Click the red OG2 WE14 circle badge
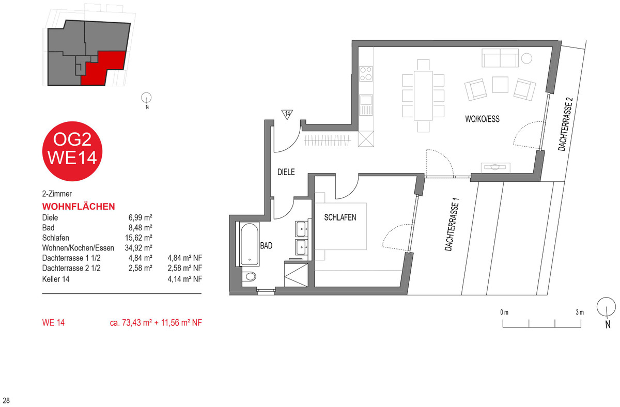coord(72,151)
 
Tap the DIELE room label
coord(286,172)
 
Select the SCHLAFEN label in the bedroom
coord(340,217)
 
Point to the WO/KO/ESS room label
coord(483,119)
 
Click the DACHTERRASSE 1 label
coord(452,224)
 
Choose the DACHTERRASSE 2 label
coord(565,124)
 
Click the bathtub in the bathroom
coord(250,244)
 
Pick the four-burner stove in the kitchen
coord(366,73)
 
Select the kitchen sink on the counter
coord(366,105)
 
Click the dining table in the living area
coord(423,96)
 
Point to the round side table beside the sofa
coord(526,58)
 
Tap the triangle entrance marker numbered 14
coord(287,114)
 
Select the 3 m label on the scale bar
coord(580,312)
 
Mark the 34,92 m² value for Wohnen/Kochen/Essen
coord(138,247)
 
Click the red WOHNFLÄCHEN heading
coord(79,207)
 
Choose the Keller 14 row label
coord(56,279)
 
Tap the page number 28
coord(6,400)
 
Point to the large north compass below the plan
coord(607,307)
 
